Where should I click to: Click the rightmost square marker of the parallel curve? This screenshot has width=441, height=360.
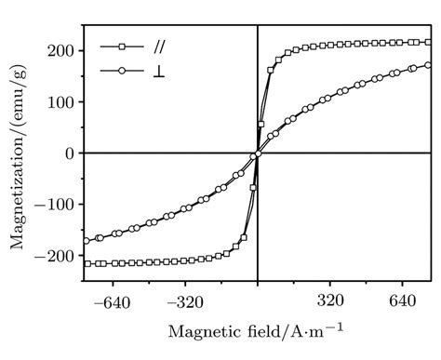coord(428,42)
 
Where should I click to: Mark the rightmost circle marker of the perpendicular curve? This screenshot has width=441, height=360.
coord(428,65)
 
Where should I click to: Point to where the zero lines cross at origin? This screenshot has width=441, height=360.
coord(258,153)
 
